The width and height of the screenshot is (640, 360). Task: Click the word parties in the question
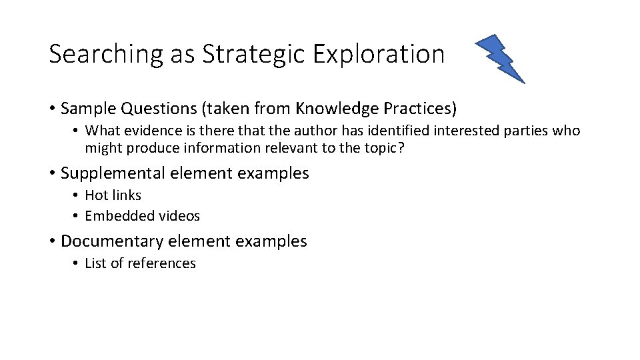pyautogui.click(x=525, y=131)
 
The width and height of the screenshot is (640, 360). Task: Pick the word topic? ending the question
pyautogui.click(x=385, y=148)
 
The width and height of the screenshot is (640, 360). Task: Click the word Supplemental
pyautogui.click(x=113, y=173)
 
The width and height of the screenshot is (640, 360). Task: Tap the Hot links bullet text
pyautogui.click(x=113, y=195)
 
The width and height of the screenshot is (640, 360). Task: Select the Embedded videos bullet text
pyautogui.click(x=142, y=216)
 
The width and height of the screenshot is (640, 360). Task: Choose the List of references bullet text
pyautogui.click(x=140, y=263)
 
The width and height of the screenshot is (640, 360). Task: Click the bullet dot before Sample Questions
pyautogui.click(x=52, y=108)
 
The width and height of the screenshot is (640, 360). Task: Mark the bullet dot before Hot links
pyautogui.click(x=77, y=195)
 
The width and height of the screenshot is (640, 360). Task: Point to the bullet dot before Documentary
pyautogui.click(x=52, y=241)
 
